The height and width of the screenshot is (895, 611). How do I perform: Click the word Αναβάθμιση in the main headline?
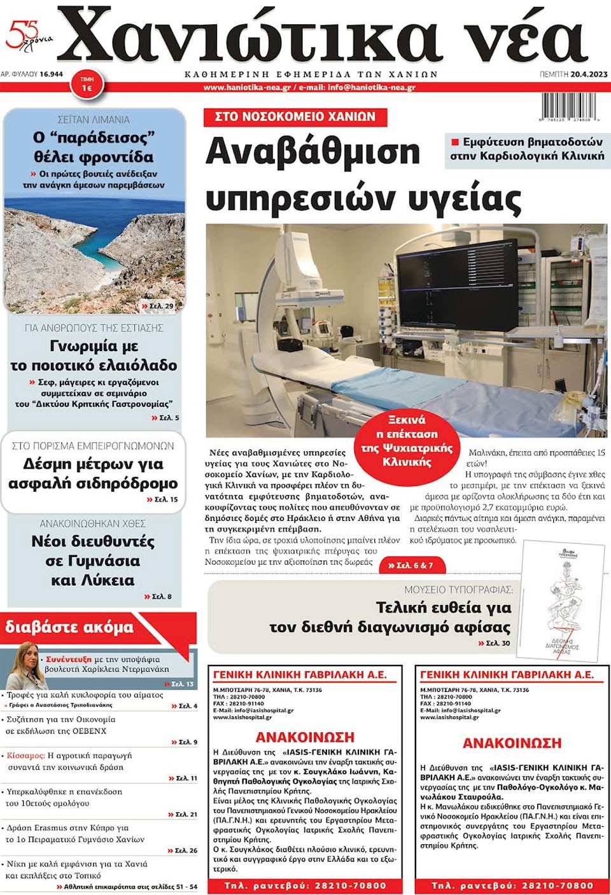313,152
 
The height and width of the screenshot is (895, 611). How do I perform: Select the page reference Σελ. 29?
160,306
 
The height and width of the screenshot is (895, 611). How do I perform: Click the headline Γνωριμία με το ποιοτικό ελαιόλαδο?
94,356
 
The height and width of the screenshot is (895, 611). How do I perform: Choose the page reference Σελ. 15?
164,499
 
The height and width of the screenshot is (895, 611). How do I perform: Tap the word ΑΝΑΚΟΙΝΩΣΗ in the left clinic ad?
305,737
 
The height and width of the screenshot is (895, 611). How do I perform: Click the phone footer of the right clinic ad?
512,885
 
